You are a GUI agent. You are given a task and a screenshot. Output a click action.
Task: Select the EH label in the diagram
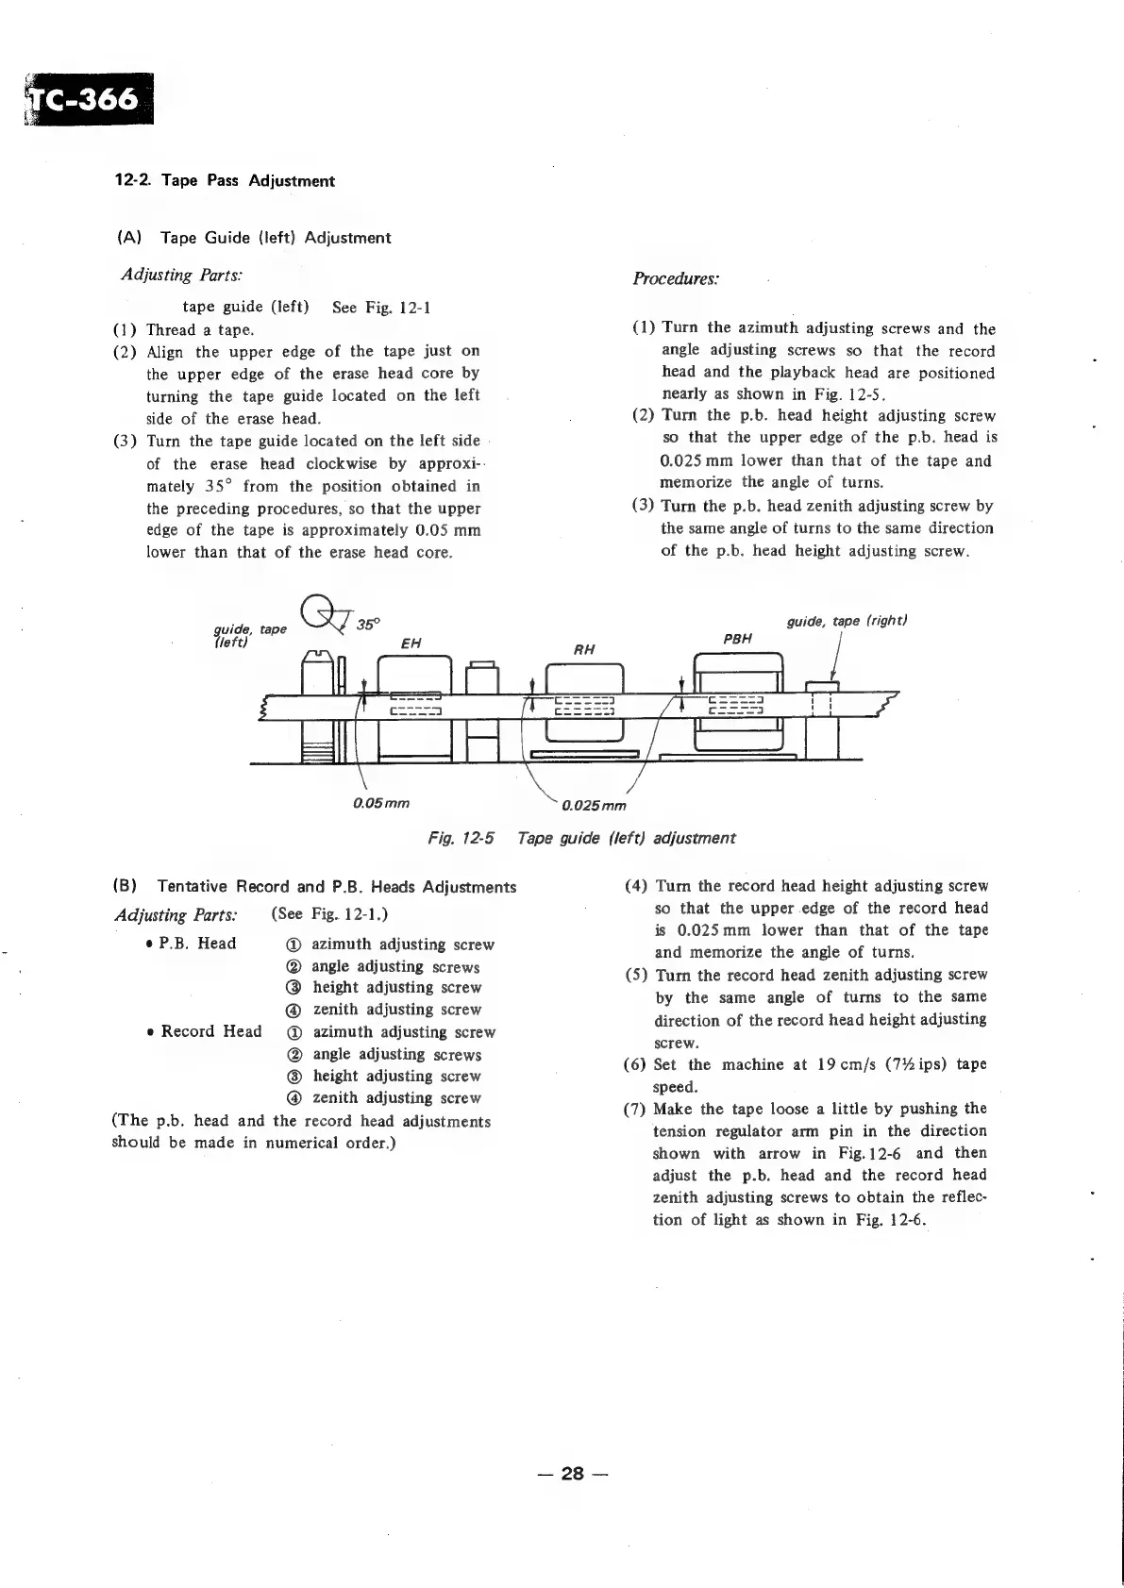(411, 644)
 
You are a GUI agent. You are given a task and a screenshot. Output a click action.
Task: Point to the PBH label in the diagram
(737, 639)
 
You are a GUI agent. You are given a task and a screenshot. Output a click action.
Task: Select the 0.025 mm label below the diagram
(594, 806)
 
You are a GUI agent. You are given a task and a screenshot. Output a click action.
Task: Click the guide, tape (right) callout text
(847, 621)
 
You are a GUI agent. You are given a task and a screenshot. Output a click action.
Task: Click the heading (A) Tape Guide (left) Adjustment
(253, 238)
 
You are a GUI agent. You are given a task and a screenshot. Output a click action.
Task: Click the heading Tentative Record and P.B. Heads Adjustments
(337, 887)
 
